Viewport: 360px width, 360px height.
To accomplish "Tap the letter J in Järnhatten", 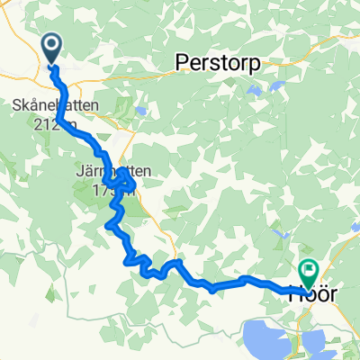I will click(x=78, y=170).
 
